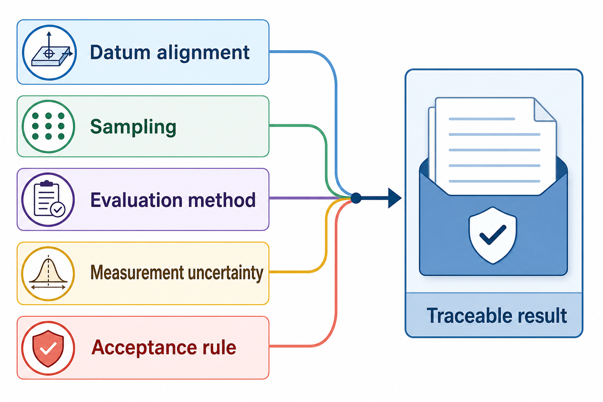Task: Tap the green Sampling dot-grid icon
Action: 48,126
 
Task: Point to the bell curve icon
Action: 48,273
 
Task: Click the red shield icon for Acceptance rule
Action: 48,348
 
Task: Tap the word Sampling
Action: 133,127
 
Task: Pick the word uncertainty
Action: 225,273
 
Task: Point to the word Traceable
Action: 469,315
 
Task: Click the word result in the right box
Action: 542,315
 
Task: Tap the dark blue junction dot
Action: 356,198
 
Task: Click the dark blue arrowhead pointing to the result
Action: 394,198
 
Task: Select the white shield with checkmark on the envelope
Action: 492,235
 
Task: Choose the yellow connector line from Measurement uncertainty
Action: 326,242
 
